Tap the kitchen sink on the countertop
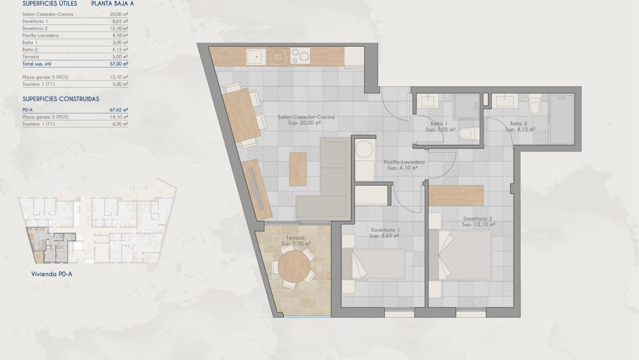256,57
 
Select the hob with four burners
300,56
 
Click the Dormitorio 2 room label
478,221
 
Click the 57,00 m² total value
118,64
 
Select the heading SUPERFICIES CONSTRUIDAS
61,99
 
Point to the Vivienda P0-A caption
52,274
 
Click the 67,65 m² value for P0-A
118,110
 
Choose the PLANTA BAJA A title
112,4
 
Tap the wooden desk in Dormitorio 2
456,195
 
